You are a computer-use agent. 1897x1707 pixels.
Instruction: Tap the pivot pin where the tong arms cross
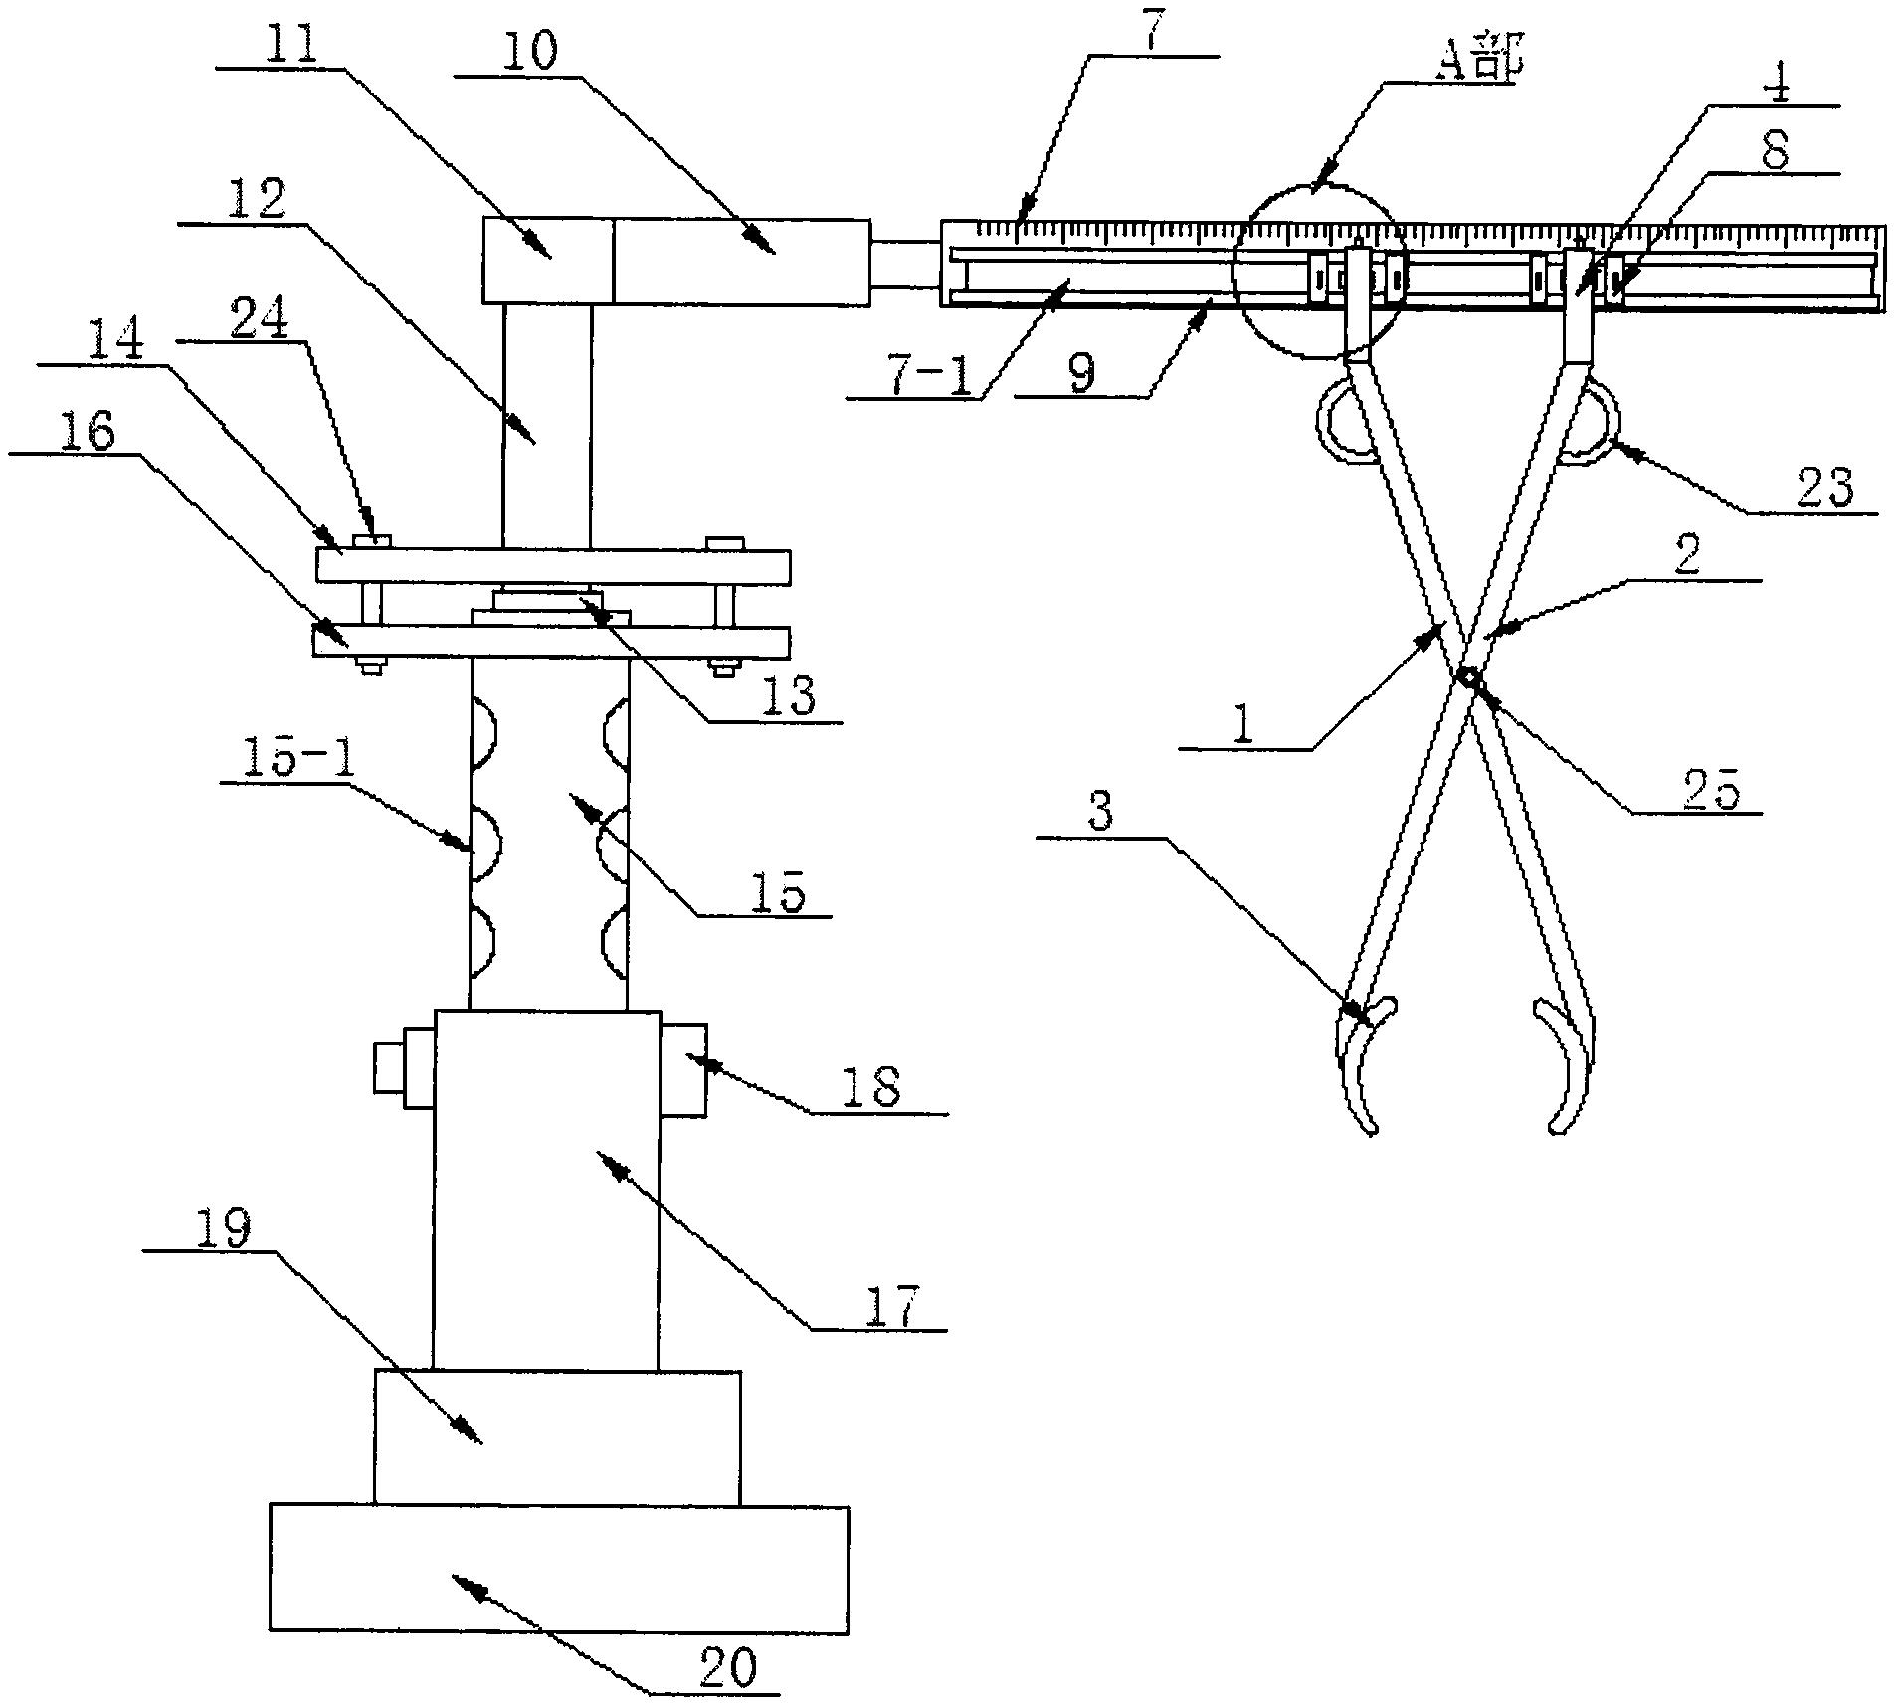(1469, 677)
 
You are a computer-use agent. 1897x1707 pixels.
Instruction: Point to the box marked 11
(548, 261)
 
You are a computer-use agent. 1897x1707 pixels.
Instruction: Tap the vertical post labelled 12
(546, 426)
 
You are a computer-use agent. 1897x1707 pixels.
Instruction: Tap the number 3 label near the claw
(1099, 813)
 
